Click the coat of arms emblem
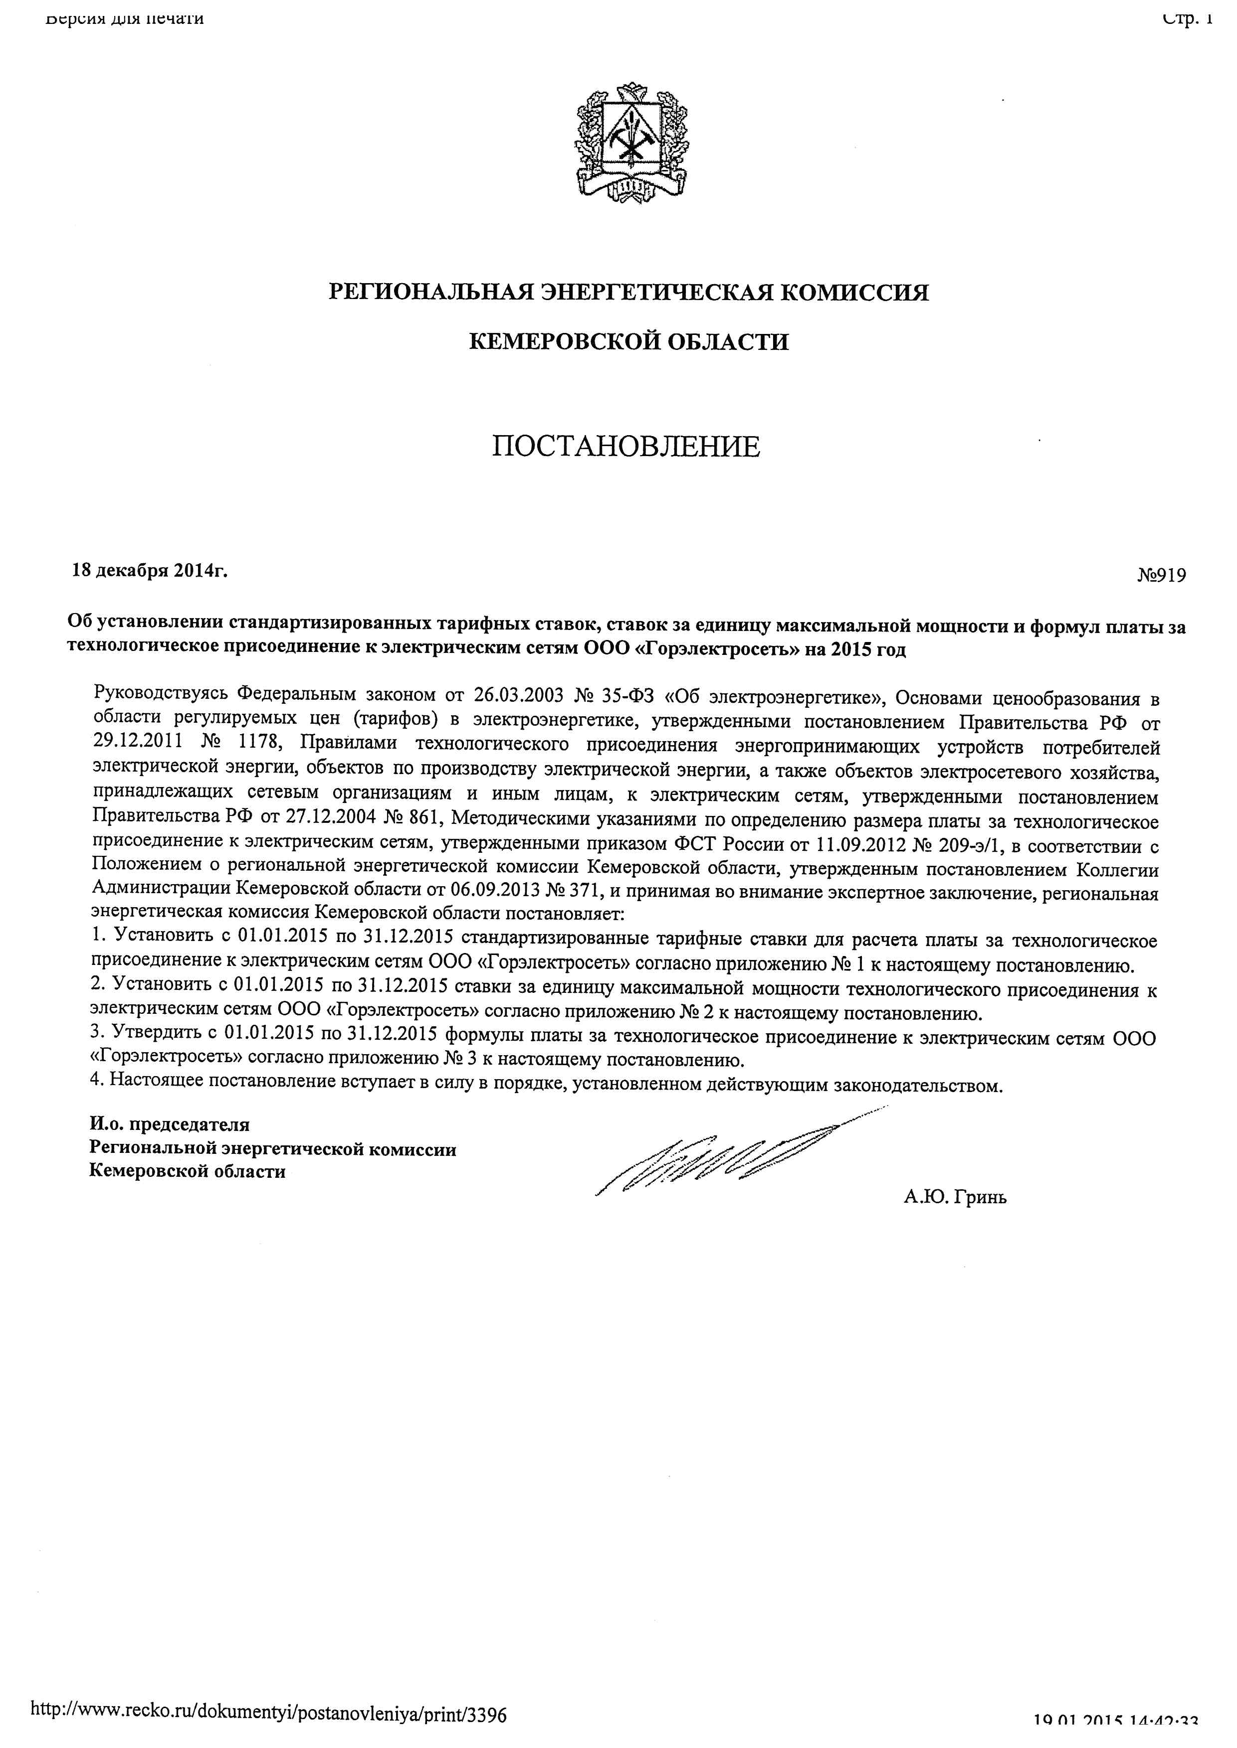click(x=631, y=144)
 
